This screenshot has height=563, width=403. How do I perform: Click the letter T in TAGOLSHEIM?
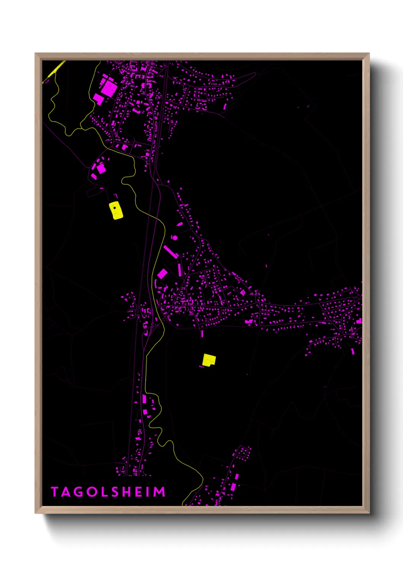point(54,492)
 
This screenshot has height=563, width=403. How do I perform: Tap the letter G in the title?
point(77,492)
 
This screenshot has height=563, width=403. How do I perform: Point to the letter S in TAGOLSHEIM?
point(113,492)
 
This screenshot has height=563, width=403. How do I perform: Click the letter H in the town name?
point(125,492)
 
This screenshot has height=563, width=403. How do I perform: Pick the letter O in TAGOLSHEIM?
point(90,492)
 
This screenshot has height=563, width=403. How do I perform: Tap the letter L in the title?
point(102,492)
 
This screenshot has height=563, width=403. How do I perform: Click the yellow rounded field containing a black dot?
point(116,211)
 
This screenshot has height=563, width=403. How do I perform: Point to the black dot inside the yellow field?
point(114,208)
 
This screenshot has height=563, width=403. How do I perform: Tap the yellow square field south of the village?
point(209,359)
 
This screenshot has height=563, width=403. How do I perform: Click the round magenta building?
point(175,238)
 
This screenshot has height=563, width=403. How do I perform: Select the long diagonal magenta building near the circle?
point(171,252)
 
